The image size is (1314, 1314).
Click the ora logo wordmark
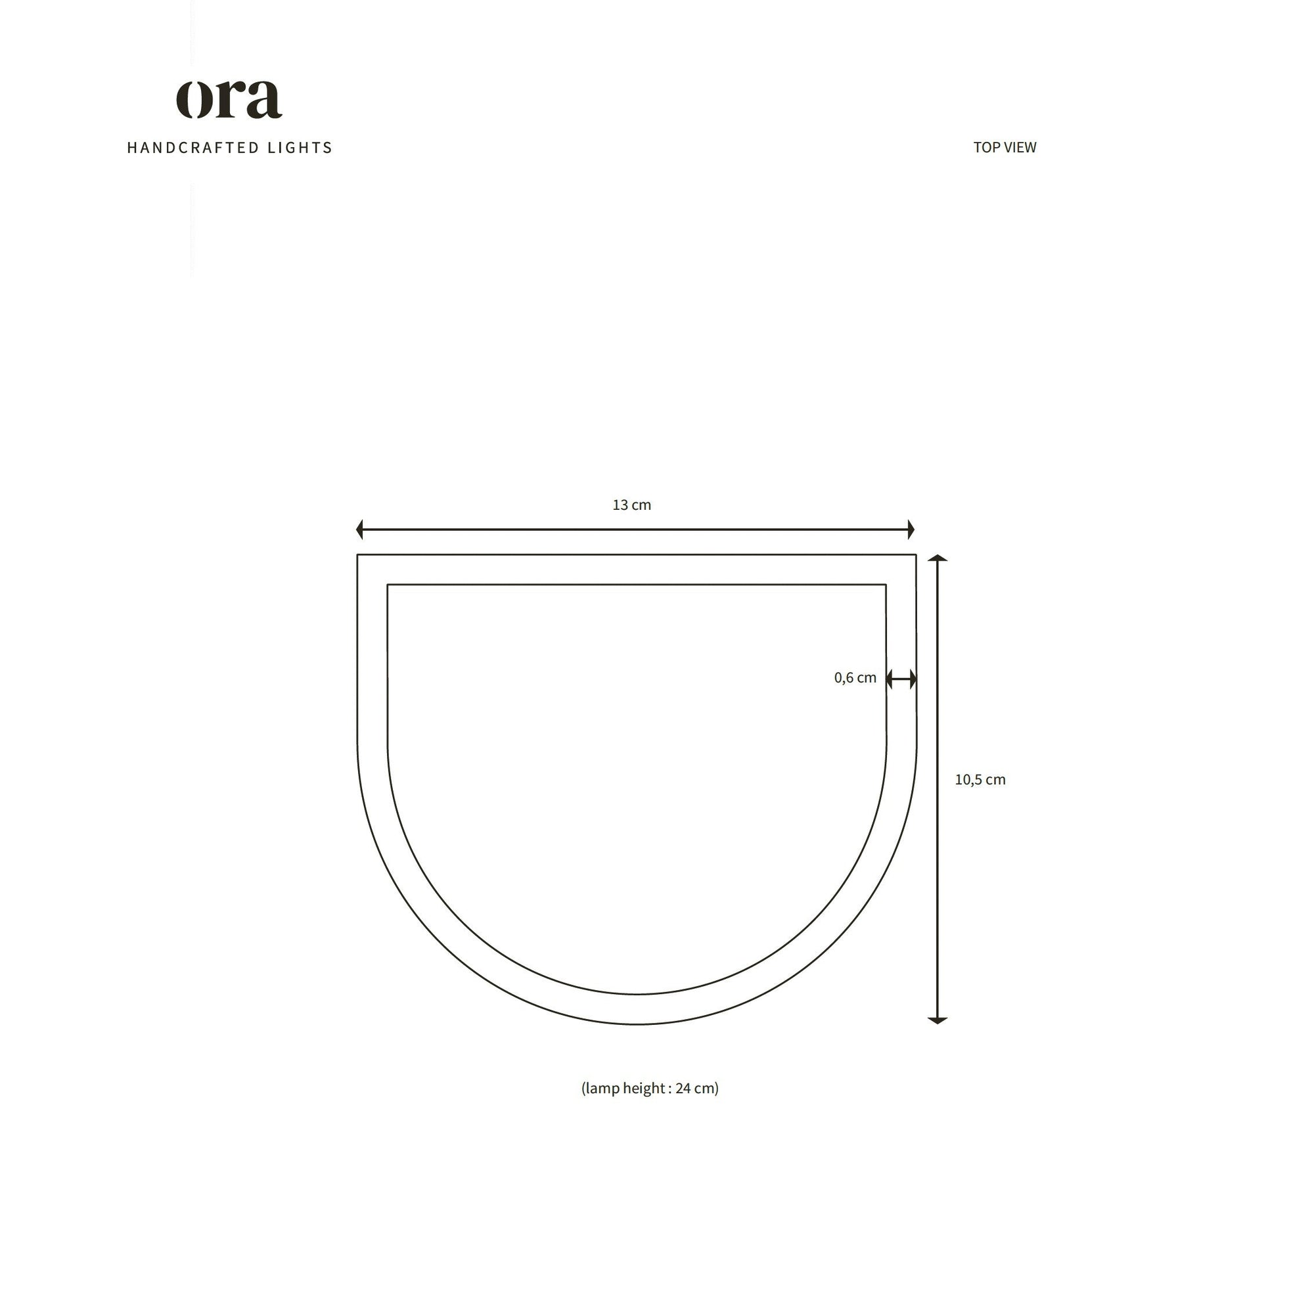pos(229,99)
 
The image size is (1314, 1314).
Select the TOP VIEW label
pos(1004,148)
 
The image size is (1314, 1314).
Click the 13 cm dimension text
pos(631,505)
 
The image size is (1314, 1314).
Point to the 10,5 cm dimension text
pos(980,779)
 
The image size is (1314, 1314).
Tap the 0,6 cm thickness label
pos(855,677)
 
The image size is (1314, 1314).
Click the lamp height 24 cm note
pos(650,1087)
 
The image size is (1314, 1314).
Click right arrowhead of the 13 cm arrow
pos(911,529)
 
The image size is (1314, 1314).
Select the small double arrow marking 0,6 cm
pos(901,679)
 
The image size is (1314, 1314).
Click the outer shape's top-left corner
pos(358,555)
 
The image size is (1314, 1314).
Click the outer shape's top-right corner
pos(915,555)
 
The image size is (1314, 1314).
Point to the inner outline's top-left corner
pos(388,584)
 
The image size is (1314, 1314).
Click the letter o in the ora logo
pos(192,100)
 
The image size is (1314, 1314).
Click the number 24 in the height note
pos(683,1088)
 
